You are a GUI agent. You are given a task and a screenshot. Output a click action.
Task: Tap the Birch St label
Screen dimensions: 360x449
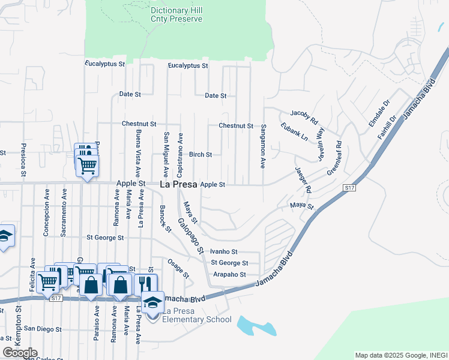pyautogui.click(x=200, y=154)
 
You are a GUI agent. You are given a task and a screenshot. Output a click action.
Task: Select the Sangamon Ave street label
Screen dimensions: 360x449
pyautogui.click(x=263, y=146)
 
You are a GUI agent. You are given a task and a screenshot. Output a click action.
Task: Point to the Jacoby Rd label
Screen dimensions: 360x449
pyautogui.click(x=303, y=113)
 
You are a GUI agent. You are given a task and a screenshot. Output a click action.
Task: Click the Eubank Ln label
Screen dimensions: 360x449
pyautogui.click(x=294, y=132)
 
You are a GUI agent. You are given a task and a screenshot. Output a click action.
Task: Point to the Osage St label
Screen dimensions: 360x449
pyautogui.click(x=178, y=268)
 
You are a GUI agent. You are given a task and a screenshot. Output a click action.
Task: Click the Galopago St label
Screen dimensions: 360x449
pyautogui.click(x=190, y=235)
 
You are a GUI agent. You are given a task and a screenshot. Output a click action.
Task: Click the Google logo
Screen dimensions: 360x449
pyautogui.click(x=20, y=353)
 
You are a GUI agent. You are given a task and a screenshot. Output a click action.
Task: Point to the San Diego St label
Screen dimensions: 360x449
pyautogui.click(x=41, y=329)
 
